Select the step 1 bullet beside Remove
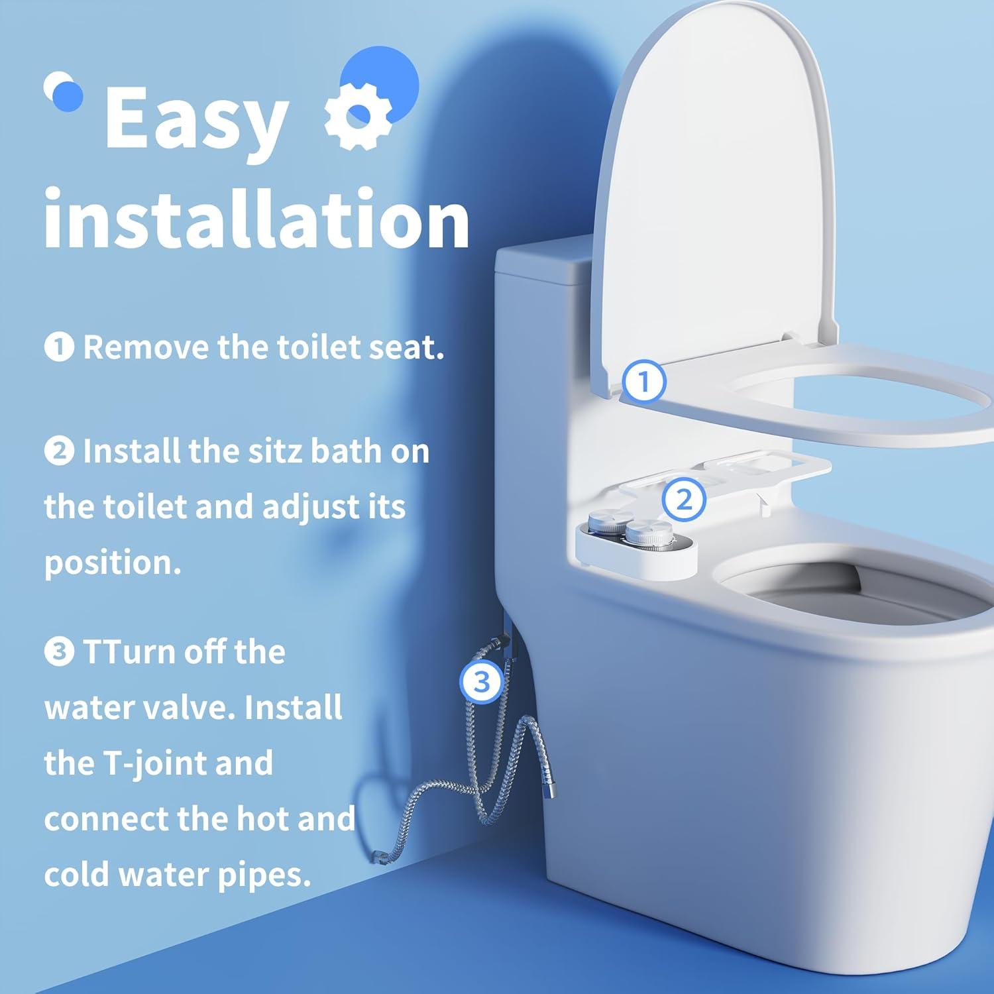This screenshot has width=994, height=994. tap(59, 347)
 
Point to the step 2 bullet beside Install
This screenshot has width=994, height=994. tap(59, 451)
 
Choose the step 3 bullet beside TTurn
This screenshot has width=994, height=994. tap(59, 652)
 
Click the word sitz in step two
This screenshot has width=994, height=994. tap(276, 451)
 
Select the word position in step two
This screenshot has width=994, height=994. tap(111, 563)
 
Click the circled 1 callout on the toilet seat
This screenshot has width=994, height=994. tap(643, 381)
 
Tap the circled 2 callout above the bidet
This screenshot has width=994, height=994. tap(683, 499)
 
